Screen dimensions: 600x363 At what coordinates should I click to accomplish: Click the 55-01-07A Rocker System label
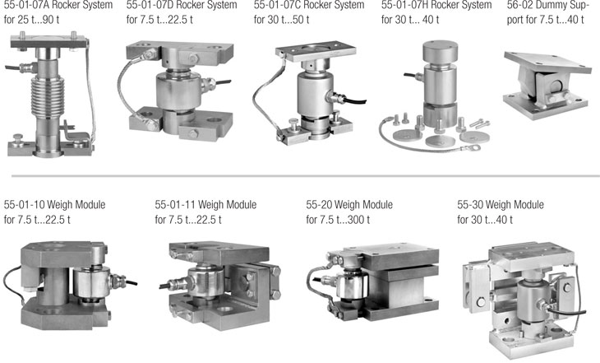(58, 6)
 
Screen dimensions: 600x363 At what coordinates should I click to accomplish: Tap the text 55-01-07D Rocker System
(182, 6)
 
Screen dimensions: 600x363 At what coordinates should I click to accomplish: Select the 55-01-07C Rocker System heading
(309, 6)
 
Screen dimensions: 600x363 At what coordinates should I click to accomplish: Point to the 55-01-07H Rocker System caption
(436, 6)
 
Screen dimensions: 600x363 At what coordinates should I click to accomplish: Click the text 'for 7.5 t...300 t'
(338, 220)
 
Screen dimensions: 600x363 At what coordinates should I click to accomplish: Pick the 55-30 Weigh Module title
(501, 205)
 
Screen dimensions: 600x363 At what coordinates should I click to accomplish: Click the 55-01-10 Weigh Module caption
(55, 205)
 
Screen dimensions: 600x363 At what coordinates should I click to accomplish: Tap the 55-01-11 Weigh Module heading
(205, 205)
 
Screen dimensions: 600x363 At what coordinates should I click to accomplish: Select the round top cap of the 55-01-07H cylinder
(440, 50)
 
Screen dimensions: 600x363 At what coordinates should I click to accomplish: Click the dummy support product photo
(547, 85)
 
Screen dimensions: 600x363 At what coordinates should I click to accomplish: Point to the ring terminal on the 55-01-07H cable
(475, 147)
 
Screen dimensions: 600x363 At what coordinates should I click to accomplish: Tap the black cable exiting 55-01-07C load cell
(354, 102)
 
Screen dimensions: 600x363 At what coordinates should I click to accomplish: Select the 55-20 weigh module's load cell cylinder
(351, 285)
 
